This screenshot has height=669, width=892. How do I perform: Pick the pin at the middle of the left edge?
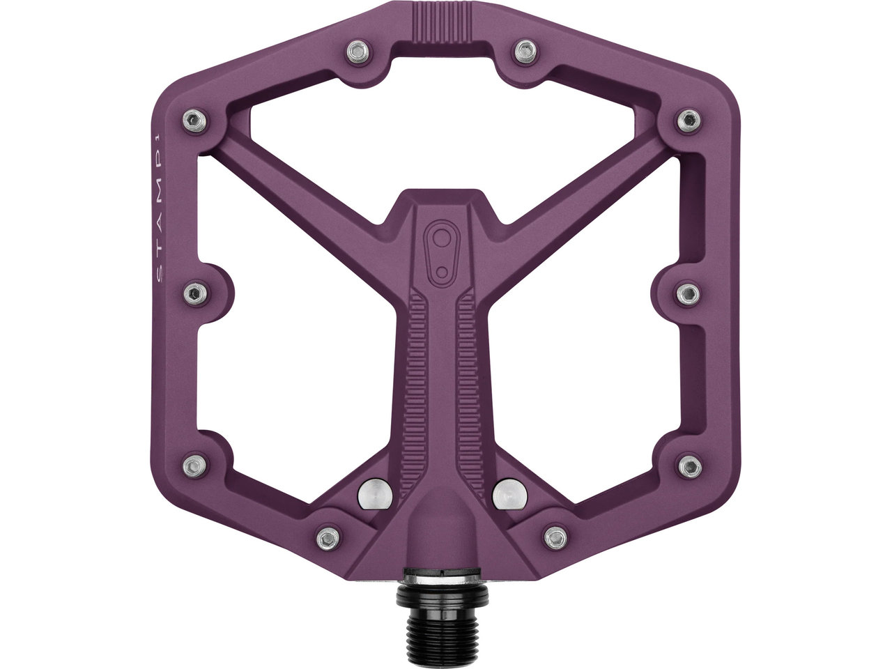[194, 289]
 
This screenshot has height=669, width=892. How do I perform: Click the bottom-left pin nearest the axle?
[325, 537]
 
